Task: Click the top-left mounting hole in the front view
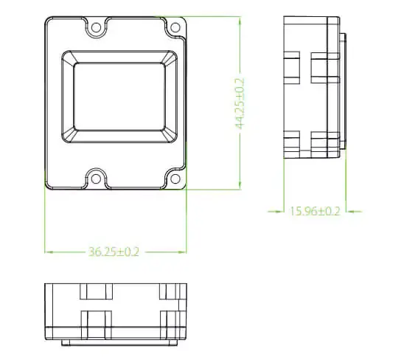click(96, 27)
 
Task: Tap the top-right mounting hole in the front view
click(175, 27)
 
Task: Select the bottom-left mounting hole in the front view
click(96, 177)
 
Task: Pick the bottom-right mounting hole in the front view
click(175, 177)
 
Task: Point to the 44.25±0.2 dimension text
click(240, 103)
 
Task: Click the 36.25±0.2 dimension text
click(114, 252)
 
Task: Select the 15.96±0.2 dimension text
click(315, 211)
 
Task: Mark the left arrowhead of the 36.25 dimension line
click(49, 252)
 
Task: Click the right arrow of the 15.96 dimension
click(349, 211)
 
